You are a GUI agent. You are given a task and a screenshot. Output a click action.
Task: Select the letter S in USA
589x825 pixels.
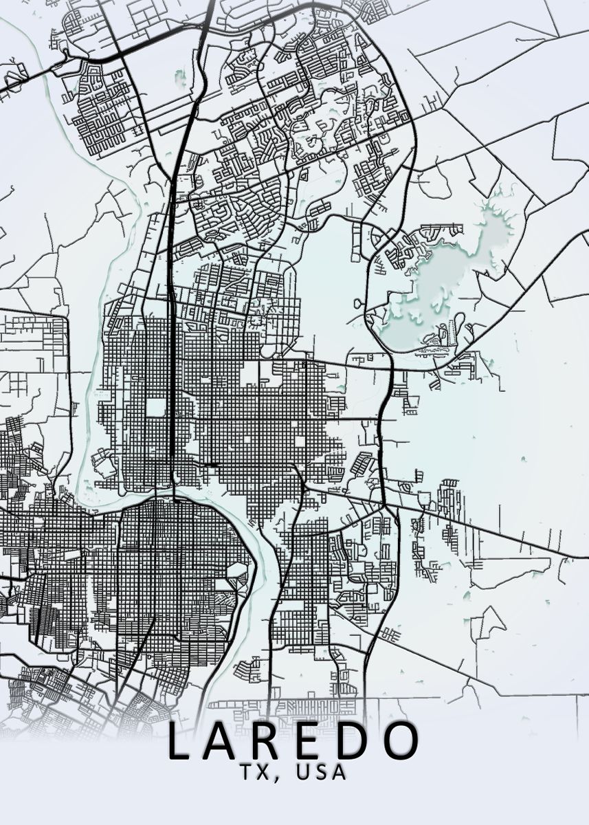pyautogui.click(x=320, y=772)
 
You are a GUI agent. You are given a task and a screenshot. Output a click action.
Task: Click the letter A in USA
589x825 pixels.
pyautogui.click(x=338, y=772)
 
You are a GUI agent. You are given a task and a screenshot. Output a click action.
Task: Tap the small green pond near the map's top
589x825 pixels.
pyautogui.click(x=181, y=77)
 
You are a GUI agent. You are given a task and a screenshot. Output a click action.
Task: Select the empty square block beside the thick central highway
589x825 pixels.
pyautogui.click(x=156, y=407)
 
